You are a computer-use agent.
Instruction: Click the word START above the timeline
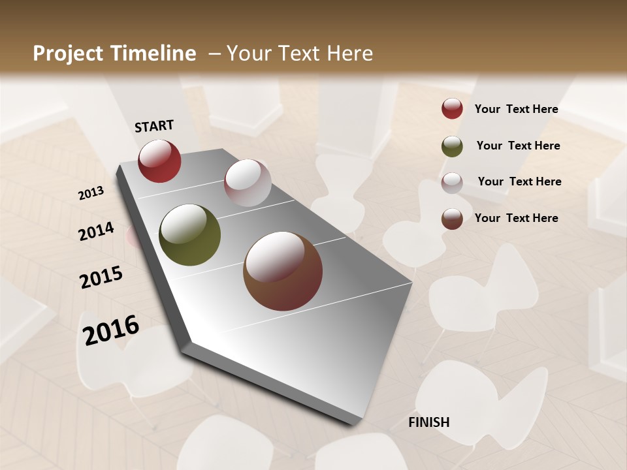[154, 126]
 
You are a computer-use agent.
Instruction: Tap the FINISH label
[429, 422]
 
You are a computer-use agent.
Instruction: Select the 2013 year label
[91, 193]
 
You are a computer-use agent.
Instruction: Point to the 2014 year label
[96, 232]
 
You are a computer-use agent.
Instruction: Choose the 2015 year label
[101, 277]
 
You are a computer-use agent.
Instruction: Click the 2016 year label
[111, 330]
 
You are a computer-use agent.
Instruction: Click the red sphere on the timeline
[159, 161]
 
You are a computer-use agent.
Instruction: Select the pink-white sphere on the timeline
[248, 183]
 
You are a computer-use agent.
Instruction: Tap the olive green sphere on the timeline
[189, 235]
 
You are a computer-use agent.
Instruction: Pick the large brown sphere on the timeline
[283, 271]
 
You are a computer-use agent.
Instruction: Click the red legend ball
[452, 109]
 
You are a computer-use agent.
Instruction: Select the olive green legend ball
[452, 146]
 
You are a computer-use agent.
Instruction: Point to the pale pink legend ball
[452, 183]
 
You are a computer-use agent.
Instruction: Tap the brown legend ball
[452, 219]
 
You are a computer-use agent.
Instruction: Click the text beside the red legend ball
[516, 109]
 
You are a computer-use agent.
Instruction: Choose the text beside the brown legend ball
[516, 218]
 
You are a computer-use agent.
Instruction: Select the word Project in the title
[68, 54]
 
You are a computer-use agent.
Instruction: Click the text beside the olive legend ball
[518, 146]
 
